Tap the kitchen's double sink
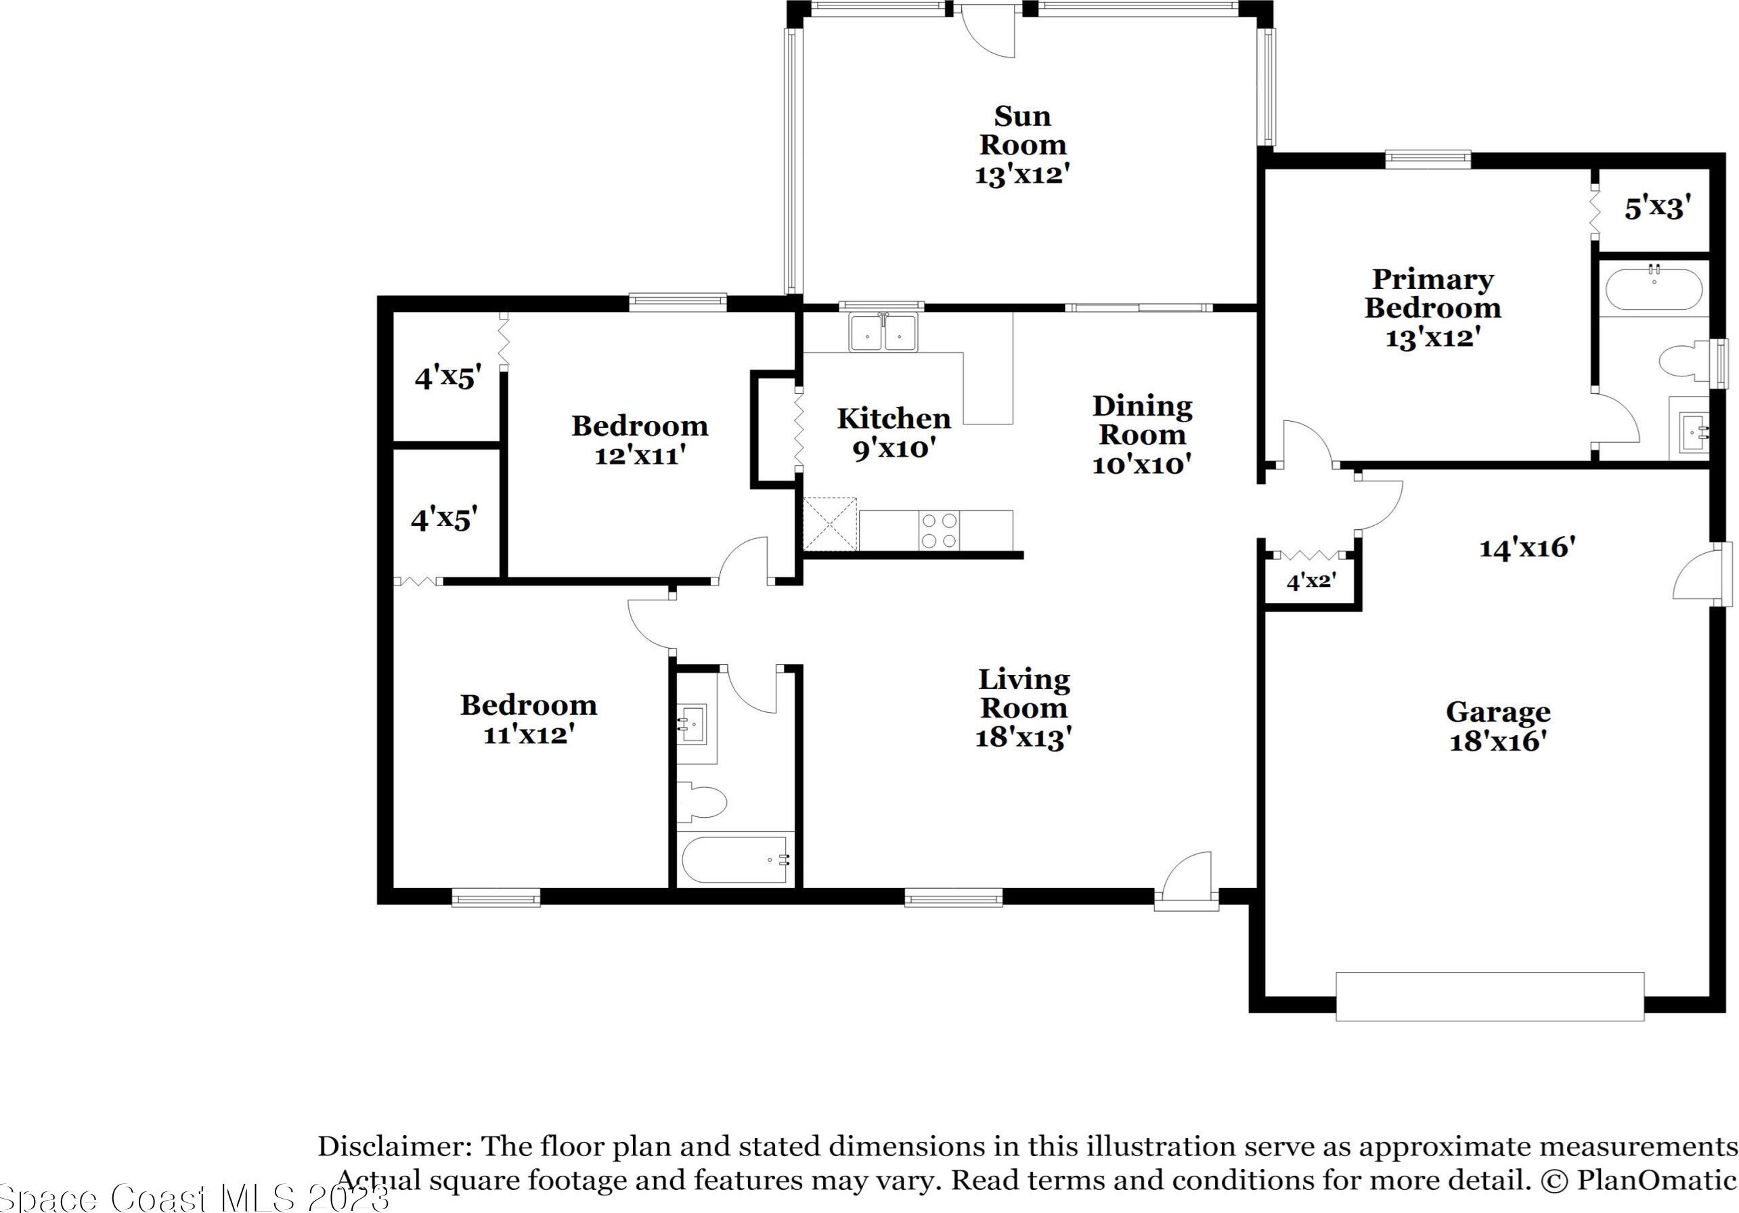click(883, 332)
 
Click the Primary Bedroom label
click(1432, 307)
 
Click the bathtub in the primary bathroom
click(1654, 288)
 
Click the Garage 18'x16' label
click(1498, 726)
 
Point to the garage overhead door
click(1490, 996)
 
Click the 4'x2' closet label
click(1311, 581)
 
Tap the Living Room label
click(1024, 708)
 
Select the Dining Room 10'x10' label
click(1142, 435)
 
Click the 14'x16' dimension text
click(1527, 547)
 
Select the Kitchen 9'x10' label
click(894, 433)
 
